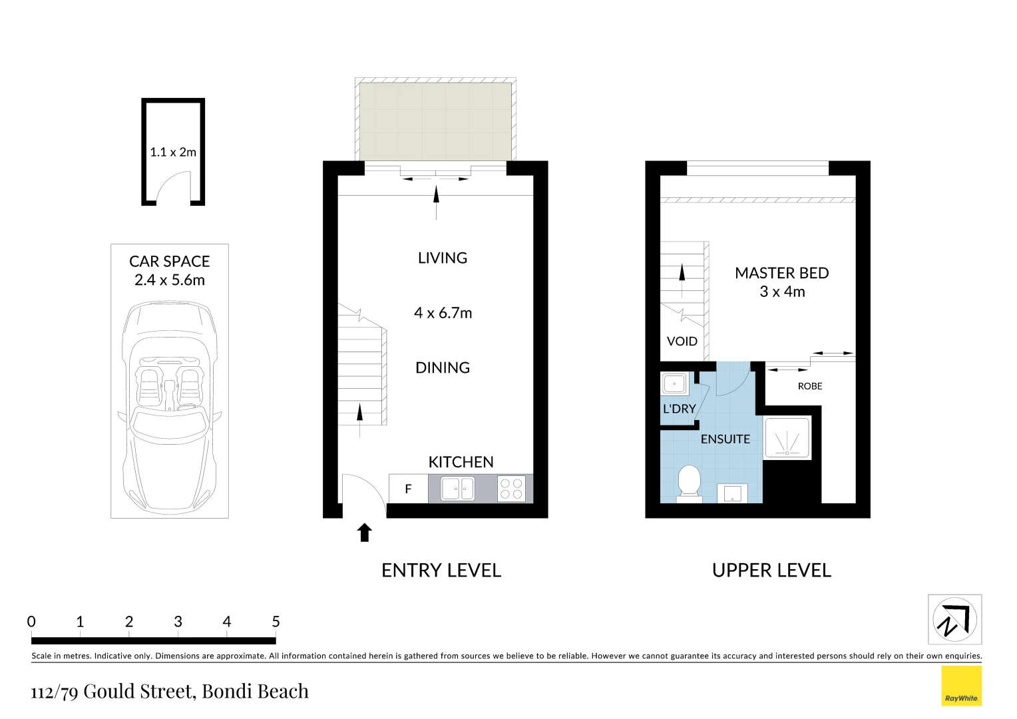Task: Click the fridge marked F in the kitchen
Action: coord(408,489)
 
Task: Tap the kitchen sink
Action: coord(458,489)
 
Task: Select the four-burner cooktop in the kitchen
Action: coord(511,489)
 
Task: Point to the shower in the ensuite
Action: coord(787,438)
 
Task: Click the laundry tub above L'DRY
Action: coord(675,384)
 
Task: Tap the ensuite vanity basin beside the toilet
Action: coord(732,493)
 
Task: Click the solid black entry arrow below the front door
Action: coord(365,533)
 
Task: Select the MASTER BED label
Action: coord(781,273)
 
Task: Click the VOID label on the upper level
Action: coord(682,342)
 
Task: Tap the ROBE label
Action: coord(810,386)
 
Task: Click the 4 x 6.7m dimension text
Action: coord(443,313)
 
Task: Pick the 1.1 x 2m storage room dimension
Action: coord(173,152)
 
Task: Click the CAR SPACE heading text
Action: coord(169,262)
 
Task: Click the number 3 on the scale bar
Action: coord(178,622)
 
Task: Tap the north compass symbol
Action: coord(954,620)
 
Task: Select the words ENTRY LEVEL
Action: coord(441,571)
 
